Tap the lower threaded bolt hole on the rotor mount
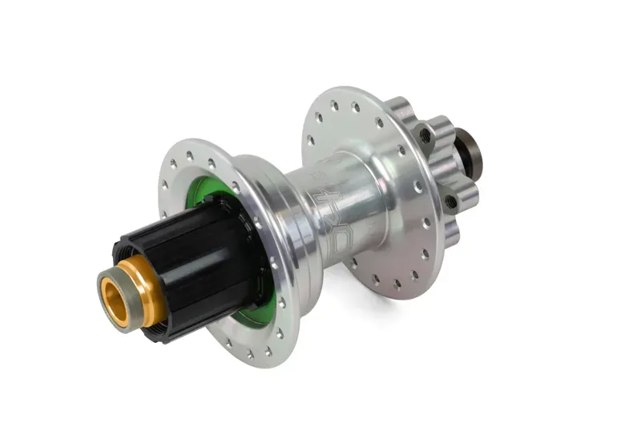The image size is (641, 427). (x=451, y=201)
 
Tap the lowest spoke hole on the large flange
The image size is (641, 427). (x=394, y=283)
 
